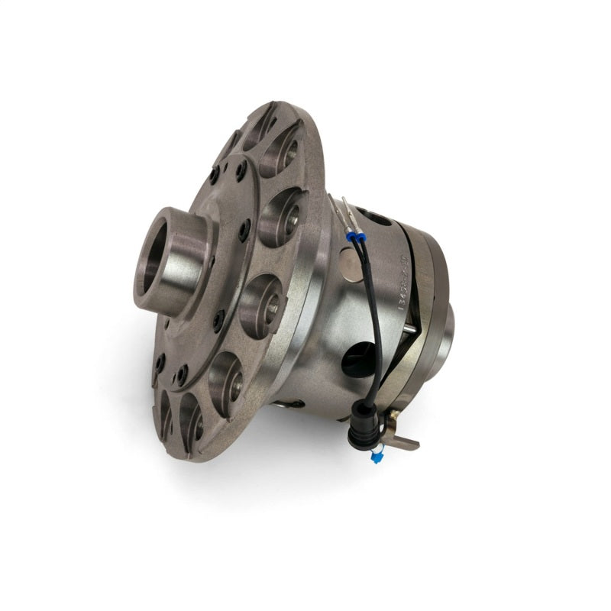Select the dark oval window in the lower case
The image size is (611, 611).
pos(360,358)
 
